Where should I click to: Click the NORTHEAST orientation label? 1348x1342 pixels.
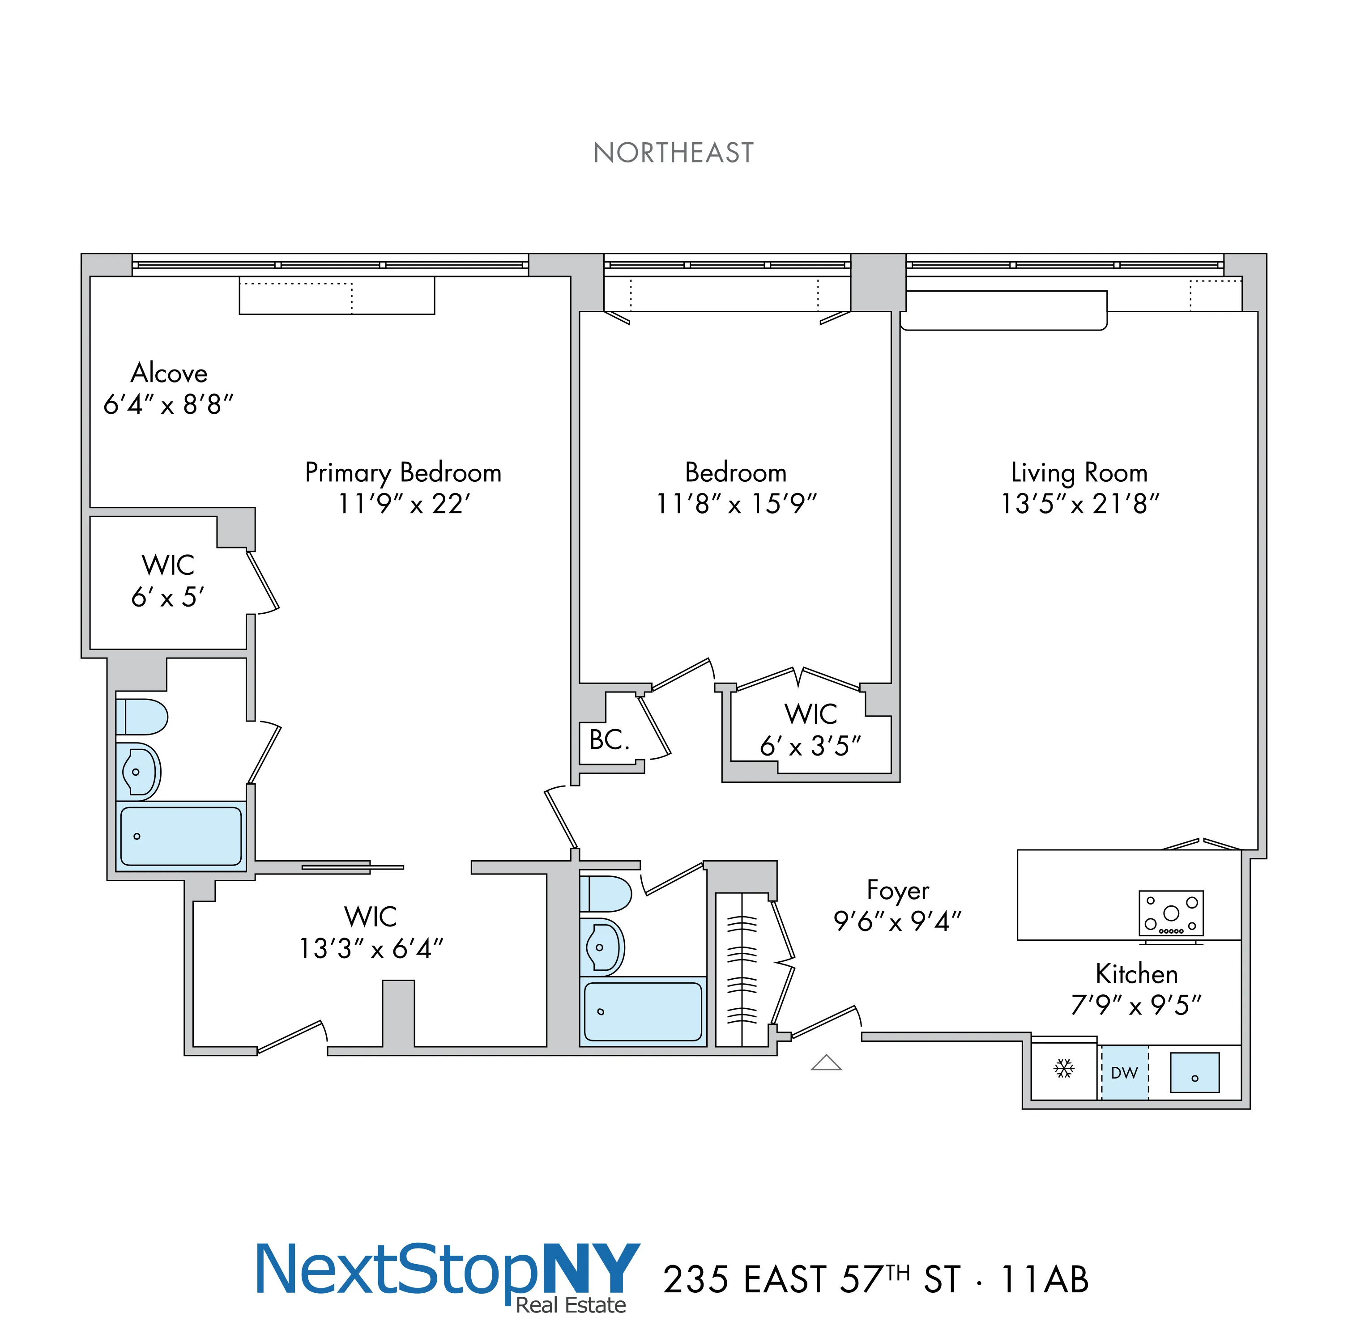pos(673,153)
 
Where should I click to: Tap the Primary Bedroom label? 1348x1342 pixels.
pos(403,473)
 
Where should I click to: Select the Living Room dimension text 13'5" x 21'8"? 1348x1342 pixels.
pos(1079,504)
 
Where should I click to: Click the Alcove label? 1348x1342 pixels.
pos(169,373)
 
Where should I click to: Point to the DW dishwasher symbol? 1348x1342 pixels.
pos(1124,1073)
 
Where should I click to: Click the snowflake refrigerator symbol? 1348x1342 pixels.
pos(1063,1069)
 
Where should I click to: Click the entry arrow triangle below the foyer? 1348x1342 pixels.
pos(826,1062)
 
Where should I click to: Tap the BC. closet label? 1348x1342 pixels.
pos(609,740)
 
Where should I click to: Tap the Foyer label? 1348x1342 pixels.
pos(898,891)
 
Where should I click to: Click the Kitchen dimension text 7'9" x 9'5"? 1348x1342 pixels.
pos(1136,1005)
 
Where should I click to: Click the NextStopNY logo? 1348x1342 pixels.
pos(447,1275)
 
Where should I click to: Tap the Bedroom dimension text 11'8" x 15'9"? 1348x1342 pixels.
pos(736,504)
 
